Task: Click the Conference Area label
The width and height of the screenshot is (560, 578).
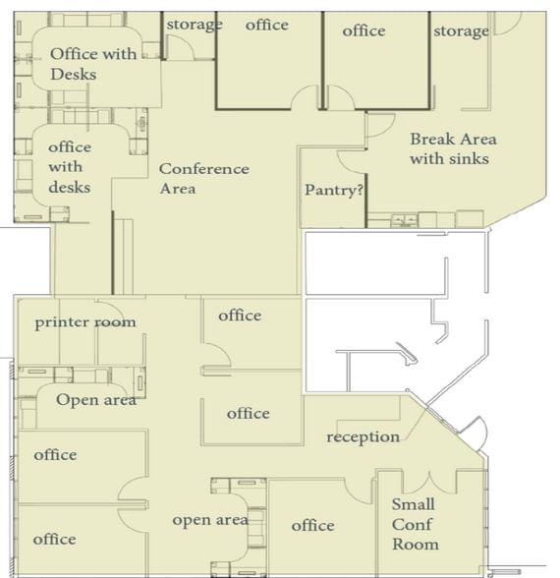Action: pyautogui.click(x=203, y=178)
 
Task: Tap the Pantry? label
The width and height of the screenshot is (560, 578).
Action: pyautogui.click(x=334, y=190)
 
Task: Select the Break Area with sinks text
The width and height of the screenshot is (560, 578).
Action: pyautogui.click(x=449, y=148)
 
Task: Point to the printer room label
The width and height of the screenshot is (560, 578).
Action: pyautogui.click(x=85, y=322)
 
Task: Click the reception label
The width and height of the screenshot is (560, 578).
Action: pyautogui.click(x=363, y=436)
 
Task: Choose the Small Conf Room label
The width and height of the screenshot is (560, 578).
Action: pyautogui.click(x=415, y=524)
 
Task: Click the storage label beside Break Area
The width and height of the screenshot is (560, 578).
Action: pyautogui.click(x=461, y=31)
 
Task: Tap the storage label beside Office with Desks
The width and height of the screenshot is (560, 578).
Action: pyautogui.click(x=194, y=25)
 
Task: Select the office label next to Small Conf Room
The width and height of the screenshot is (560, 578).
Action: pyautogui.click(x=312, y=526)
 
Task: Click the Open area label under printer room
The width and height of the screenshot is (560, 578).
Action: pyautogui.click(x=95, y=399)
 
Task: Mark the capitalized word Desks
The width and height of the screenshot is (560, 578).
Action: pyautogui.click(x=73, y=74)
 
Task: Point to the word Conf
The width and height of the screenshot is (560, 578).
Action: pyautogui.click(x=413, y=524)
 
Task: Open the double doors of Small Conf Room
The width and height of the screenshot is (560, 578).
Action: pyautogui.click(x=428, y=482)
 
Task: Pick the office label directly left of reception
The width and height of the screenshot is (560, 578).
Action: pyautogui.click(x=248, y=414)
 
